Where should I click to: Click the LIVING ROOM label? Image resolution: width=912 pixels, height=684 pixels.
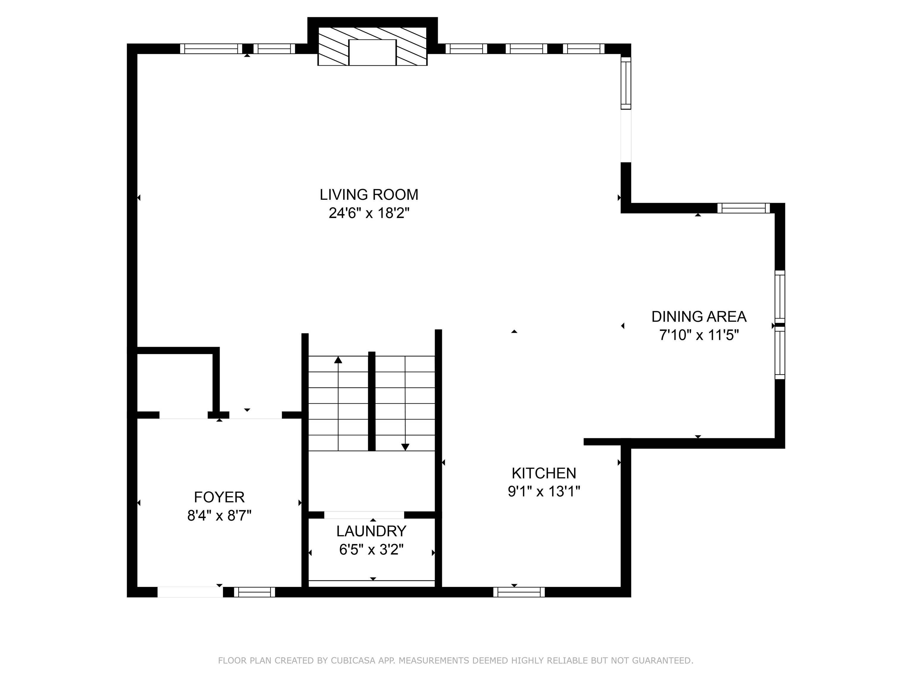369,195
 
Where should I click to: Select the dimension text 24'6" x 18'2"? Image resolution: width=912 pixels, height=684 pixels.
369,213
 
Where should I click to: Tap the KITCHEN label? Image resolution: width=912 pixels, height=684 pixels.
544,473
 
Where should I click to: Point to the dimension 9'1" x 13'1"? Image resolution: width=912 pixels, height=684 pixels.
544,491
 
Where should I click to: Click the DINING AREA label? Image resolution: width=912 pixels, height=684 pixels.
699,317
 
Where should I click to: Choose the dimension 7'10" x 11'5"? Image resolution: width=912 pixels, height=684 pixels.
699,335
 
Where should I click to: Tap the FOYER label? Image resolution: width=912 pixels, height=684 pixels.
219,497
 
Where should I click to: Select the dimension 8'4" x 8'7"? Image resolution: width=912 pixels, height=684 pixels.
219,516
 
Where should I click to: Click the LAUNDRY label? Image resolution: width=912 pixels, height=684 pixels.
371,531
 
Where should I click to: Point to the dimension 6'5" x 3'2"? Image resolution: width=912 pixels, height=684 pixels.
371,550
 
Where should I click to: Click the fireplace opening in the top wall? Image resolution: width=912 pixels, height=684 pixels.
372,52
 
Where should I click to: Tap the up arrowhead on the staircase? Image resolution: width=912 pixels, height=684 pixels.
338,360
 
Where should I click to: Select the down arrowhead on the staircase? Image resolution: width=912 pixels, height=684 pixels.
405,447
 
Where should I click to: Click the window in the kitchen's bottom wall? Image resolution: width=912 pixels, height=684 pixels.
519,592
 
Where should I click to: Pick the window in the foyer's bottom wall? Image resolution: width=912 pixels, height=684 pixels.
254,592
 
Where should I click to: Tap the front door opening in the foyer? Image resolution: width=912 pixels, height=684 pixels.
190,592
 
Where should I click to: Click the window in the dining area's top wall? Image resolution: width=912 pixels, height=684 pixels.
743,208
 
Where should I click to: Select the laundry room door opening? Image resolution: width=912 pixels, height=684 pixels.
364,515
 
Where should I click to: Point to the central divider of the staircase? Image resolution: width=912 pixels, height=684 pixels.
371,401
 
